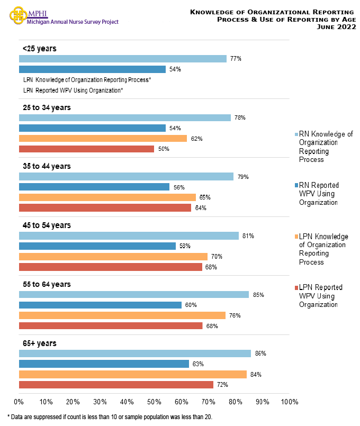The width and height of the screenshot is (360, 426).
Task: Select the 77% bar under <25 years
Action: [x=122, y=59]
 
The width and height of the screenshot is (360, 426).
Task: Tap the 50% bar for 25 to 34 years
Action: [x=86, y=149]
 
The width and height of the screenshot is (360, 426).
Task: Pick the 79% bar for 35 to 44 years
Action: [x=126, y=177]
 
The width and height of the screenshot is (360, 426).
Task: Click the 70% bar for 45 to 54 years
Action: [x=113, y=257]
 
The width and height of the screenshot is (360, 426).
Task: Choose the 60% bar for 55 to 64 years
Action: [x=100, y=305]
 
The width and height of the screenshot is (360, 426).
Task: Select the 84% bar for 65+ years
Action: [x=132, y=374]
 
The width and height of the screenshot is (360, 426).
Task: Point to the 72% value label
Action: [x=222, y=385]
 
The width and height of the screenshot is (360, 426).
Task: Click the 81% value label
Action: [x=247, y=235]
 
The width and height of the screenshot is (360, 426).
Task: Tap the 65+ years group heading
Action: [x=40, y=343]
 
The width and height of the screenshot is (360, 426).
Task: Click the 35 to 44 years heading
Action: [x=47, y=166]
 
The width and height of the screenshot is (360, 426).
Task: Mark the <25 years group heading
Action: [x=39, y=48]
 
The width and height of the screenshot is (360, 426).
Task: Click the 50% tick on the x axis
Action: [x=154, y=402]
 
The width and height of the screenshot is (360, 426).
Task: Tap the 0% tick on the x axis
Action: [x=19, y=402]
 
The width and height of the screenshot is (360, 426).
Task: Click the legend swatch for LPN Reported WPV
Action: [x=296, y=288]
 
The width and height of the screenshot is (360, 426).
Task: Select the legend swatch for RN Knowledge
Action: [x=296, y=134]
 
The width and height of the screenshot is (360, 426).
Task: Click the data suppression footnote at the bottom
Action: [x=110, y=417]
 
